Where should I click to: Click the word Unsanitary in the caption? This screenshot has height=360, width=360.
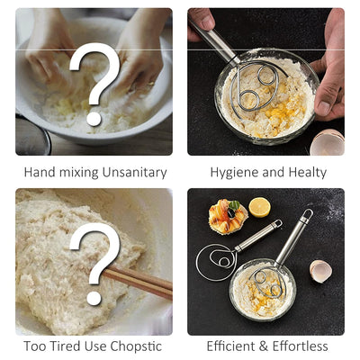(x=134, y=173)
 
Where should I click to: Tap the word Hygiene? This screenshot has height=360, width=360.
(x=234, y=173)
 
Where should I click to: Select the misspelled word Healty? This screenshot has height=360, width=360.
(x=308, y=173)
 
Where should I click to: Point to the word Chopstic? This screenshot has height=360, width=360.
(x=136, y=346)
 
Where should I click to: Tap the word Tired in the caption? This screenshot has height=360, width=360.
(x=65, y=346)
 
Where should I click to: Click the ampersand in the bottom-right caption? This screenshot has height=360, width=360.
(x=264, y=346)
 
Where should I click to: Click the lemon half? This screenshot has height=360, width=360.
(x=259, y=207)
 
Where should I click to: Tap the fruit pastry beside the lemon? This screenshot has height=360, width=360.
(x=228, y=217)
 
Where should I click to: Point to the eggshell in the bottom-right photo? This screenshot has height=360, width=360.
(x=320, y=271)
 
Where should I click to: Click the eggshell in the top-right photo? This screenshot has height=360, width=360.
(x=327, y=142)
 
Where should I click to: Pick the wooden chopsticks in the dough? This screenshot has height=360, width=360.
(x=138, y=282)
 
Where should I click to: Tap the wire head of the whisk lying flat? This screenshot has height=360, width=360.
(x=217, y=263)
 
